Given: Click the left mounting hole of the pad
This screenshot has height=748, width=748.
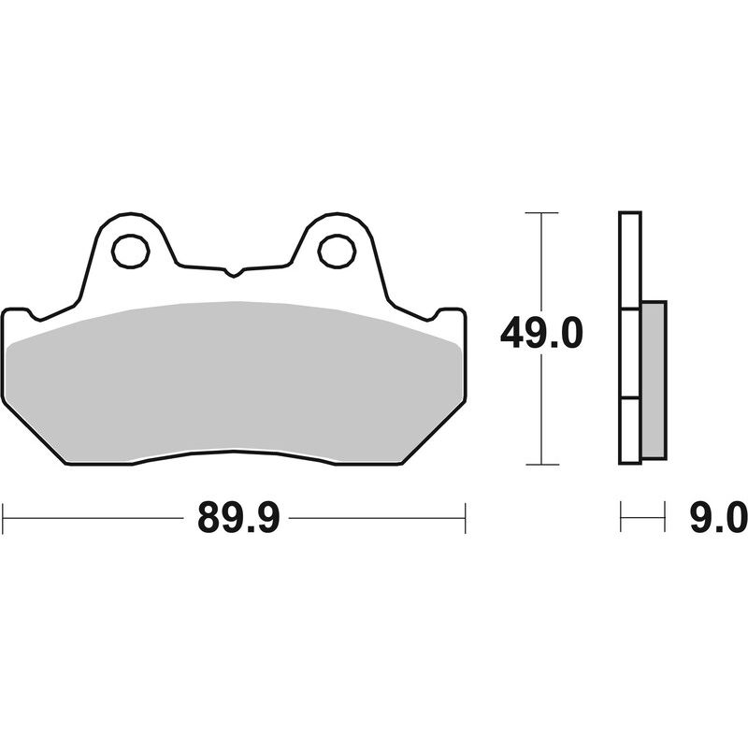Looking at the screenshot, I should click(x=130, y=250).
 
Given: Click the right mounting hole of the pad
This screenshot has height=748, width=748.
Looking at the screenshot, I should click(x=336, y=250).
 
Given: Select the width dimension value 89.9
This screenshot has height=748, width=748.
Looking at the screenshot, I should click(x=238, y=517).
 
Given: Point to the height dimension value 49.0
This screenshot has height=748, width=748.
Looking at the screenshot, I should click(x=541, y=333).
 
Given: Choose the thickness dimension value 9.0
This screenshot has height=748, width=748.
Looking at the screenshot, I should click(x=717, y=517).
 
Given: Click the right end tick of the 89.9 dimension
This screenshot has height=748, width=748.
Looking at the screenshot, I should click(x=465, y=517).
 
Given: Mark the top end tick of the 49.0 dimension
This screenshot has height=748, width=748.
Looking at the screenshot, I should click(x=541, y=213).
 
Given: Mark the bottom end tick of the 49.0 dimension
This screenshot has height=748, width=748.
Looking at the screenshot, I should click(x=541, y=465).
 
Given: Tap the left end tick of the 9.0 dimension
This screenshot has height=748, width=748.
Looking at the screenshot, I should click(x=621, y=517).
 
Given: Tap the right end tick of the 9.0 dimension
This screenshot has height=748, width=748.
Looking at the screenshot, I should click(x=665, y=517).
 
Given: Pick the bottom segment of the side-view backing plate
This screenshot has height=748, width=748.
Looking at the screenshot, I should click(x=630, y=430).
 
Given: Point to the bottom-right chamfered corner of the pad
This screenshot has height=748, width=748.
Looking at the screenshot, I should click(x=434, y=435).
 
